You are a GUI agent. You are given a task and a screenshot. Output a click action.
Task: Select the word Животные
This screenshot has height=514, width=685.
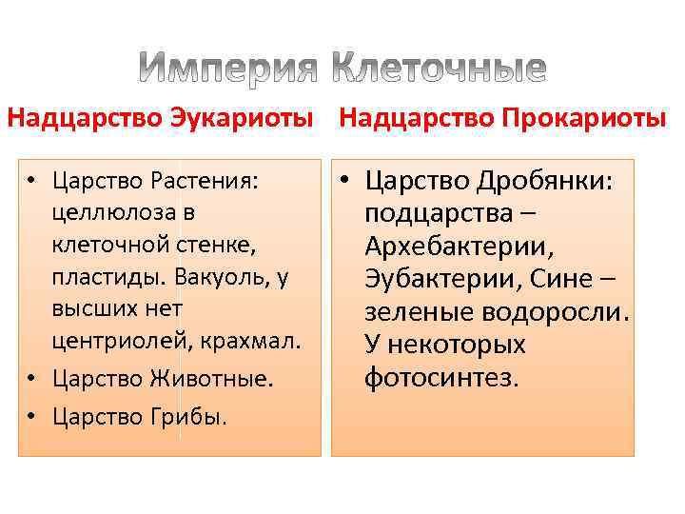(210, 379)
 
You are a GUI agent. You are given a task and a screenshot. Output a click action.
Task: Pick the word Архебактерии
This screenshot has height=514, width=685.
(454, 247)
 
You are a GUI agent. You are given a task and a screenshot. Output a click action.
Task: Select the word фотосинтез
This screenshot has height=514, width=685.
(442, 378)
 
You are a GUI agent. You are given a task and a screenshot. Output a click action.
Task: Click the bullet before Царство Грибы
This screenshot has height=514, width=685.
(31, 416)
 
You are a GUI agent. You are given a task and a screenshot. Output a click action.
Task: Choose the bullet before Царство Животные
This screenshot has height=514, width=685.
(31, 379)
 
